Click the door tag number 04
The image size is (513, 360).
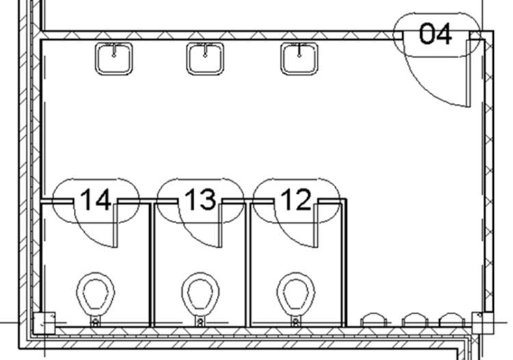click(436, 34)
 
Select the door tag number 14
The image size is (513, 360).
click(96, 199)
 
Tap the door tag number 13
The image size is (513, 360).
click(200, 199)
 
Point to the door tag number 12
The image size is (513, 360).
click(296, 199)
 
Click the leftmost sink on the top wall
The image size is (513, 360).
click(114, 59)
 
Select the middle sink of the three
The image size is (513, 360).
click(205, 59)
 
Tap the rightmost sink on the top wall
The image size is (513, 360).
click(299, 59)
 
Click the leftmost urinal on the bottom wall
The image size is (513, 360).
click(373, 320)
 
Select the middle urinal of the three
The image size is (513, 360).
click(415, 320)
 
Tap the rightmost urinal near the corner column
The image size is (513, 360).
click(452, 320)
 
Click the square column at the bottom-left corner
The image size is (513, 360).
click(44, 323)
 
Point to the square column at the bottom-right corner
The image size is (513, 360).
click(482, 323)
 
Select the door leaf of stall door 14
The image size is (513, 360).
click(115, 225)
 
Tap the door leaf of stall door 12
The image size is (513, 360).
click(316, 225)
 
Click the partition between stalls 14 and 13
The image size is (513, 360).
click(151, 265)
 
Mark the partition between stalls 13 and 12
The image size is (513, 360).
click(248, 265)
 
